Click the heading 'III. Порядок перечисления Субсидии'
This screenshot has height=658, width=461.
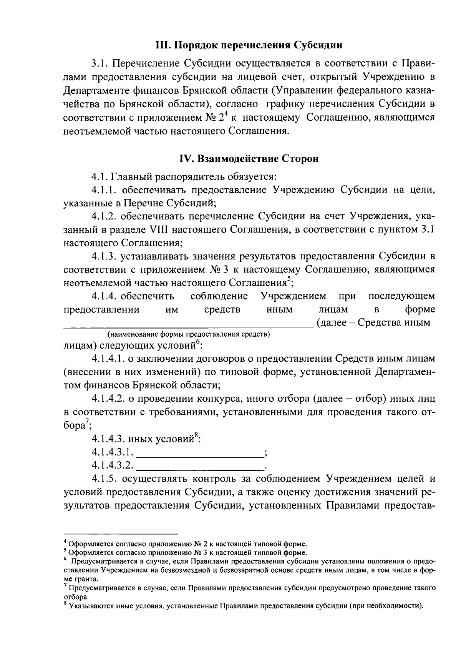point(249,45)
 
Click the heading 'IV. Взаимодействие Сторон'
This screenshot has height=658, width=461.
point(249,158)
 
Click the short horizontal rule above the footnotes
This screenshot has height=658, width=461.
point(121,534)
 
